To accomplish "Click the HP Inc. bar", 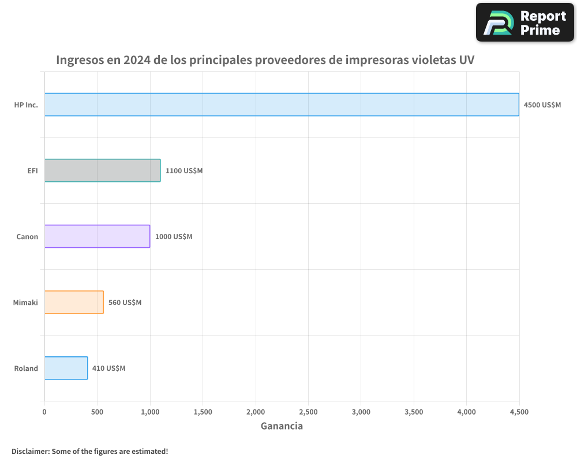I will (282, 105).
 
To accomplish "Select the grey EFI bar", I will (102, 170).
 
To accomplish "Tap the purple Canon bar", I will (97, 236).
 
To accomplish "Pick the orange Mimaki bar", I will (74, 302).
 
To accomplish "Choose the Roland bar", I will (66, 368).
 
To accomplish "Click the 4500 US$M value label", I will (542, 105).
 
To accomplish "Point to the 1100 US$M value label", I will (184, 171).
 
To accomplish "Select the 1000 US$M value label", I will (174, 237).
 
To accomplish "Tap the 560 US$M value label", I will (125, 303).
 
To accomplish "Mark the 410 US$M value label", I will (108, 368).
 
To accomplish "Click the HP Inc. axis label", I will (26, 105).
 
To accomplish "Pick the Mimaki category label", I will (25, 303).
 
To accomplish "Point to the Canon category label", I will (27, 237).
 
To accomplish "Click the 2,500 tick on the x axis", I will (308, 412).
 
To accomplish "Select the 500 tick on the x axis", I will (97, 412).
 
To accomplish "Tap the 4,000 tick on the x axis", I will (466, 412).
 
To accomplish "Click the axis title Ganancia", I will (282, 426).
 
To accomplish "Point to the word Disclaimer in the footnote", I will (29, 451).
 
